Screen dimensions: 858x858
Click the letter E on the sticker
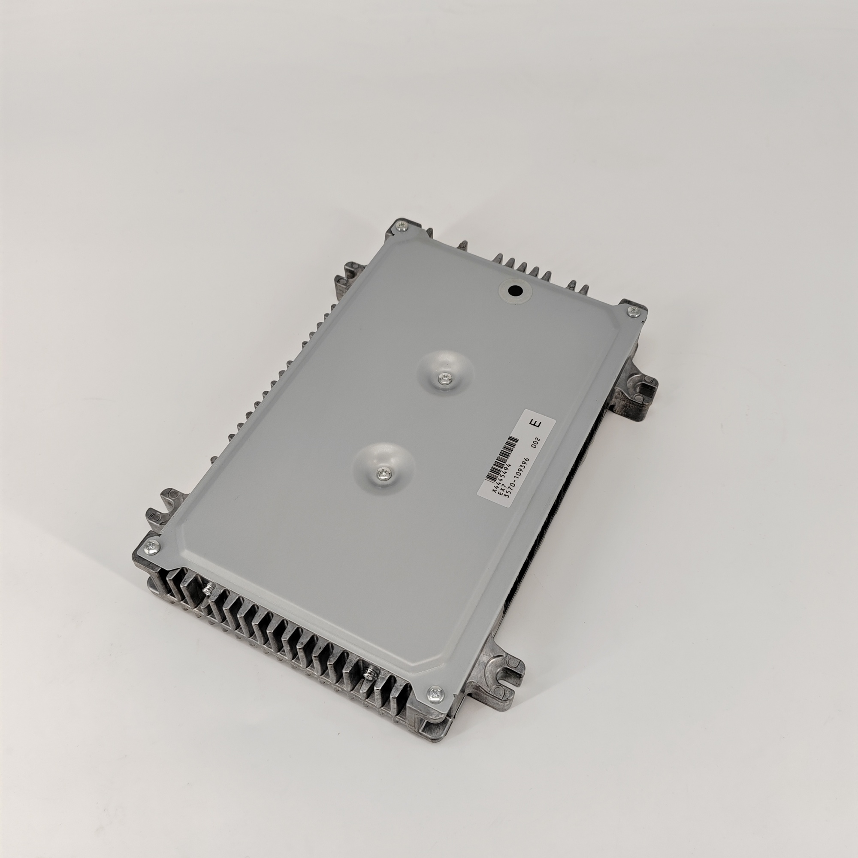(x=538, y=423)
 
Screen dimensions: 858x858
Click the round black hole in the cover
(x=515, y=291)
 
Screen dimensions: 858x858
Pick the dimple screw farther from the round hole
(x=382, y=474)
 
